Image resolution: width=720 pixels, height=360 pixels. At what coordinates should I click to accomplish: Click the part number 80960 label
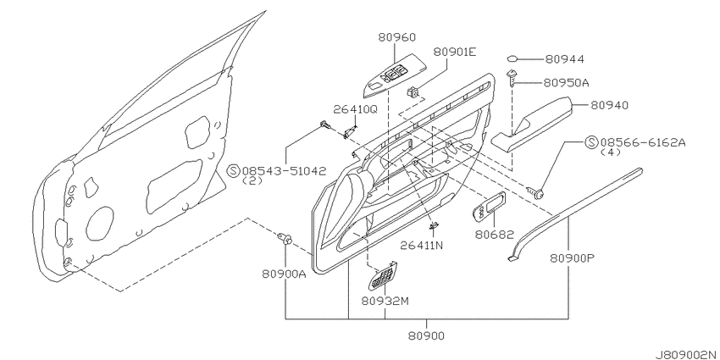tap(396, 37)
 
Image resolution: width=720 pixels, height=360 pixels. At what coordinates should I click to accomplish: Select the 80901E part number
tap(455, 53)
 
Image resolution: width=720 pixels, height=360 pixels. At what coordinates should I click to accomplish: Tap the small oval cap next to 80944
tap(513, 58)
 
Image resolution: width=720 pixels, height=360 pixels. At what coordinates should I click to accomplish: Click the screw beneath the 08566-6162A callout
tap(536, 193)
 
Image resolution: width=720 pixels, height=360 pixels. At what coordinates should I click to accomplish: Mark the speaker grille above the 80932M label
tap(382, 276)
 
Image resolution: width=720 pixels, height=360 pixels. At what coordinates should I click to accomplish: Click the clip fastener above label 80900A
tap(285, 239)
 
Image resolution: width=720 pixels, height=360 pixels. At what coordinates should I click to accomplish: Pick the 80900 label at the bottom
tap(426, 335)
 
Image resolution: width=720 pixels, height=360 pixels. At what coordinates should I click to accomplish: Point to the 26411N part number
tap(421, 246)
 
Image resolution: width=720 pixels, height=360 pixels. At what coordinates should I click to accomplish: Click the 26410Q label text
tap(355, 108)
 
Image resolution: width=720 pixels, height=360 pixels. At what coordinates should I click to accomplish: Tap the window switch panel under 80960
tap(394, 79)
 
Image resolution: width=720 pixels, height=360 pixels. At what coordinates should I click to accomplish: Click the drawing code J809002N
tap(686, 354)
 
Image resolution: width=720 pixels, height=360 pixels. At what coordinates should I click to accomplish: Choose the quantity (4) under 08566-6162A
tap(610, 152)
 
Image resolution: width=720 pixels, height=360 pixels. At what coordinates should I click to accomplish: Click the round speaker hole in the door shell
tap(100, 223)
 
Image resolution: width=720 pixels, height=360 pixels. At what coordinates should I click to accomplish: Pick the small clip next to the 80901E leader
tap(414, 93)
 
